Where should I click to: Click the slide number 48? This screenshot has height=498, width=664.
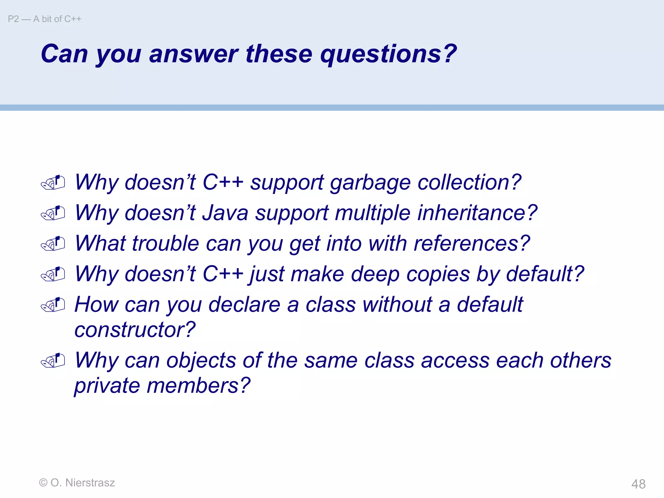(638, 484)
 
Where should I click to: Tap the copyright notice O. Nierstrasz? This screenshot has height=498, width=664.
(77, 483)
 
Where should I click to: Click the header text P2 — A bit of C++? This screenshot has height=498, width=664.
(44, 19)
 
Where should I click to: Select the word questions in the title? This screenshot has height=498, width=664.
(388, 54)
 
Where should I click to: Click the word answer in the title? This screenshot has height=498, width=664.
(193, 54)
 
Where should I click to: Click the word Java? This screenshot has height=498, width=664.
(225, 213)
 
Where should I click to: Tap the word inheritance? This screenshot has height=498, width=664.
(477, 213)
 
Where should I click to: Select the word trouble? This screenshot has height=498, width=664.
(165, 244)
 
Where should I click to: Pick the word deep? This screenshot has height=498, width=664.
(375, 274)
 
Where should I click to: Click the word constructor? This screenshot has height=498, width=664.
(135, 330)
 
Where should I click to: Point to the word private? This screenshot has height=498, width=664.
(107, 386)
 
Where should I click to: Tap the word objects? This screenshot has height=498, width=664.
(201, 361)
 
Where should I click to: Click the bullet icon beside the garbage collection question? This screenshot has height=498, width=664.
(53, 183)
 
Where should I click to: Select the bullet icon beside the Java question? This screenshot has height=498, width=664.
(53, 213)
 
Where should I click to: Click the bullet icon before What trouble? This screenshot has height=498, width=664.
(53, 244)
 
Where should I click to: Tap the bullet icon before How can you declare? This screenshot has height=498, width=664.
(53, 305)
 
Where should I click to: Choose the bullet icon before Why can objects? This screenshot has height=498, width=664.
(53, 361)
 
